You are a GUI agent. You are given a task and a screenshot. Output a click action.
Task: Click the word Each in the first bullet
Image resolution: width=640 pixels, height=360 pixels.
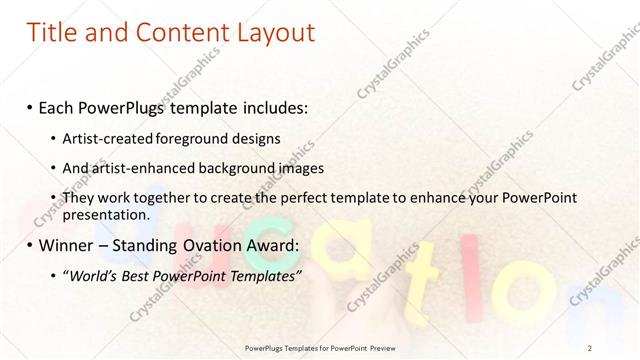(58, 106)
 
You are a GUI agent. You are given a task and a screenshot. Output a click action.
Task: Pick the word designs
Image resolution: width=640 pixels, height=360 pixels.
(254, 138)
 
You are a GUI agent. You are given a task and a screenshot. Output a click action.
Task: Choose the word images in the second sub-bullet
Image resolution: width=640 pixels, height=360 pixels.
(296, 168)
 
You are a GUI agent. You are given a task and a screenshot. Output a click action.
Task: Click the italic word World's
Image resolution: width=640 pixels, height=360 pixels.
(95, 275)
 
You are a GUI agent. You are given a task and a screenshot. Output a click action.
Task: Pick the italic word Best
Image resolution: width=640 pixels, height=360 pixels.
(140, 275)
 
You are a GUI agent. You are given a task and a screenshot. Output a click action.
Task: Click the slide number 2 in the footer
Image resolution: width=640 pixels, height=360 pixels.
(590, 347)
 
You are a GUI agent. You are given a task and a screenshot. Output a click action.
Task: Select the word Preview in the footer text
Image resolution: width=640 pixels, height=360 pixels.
(389, 347)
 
